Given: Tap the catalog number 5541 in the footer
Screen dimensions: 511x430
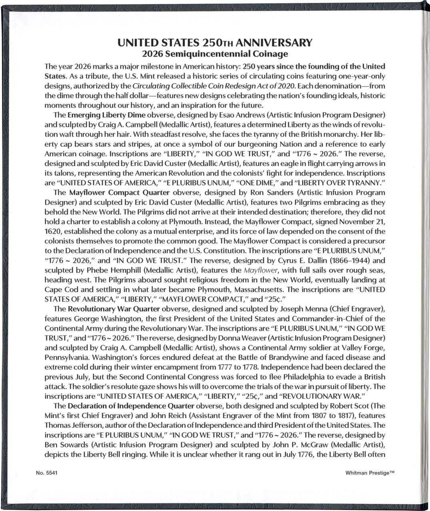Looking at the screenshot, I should [52, 473].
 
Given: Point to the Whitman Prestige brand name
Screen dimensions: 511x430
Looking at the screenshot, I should [370, 473].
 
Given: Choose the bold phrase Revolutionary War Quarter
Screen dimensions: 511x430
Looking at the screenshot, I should [114, 309].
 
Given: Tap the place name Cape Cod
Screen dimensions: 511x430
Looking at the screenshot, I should [59, 290].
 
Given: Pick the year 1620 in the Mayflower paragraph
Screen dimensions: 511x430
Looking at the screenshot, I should [53, 232].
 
